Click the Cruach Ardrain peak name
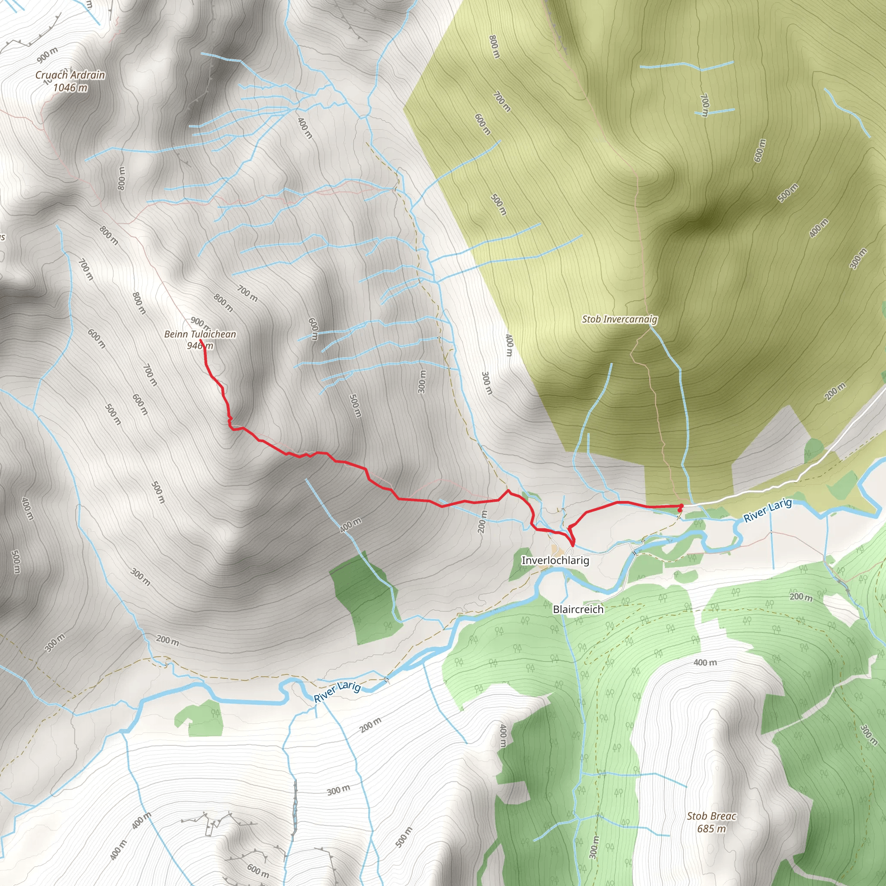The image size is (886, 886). coord(70,75)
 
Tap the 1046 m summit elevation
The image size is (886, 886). coord(70,87)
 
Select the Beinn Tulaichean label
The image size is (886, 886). coord(200,334)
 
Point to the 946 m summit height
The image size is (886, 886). coord(200,345)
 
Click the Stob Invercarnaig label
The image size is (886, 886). coord(620,319)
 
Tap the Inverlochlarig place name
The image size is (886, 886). coord(555,560)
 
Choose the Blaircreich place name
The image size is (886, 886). coord(578,610)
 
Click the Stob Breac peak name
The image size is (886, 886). coord(711,816)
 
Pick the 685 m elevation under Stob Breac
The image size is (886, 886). coord(711,828)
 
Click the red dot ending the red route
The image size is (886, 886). coord(680,506)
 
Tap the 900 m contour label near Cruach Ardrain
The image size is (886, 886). coord(47,55)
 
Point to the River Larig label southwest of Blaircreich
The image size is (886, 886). coord(337,693)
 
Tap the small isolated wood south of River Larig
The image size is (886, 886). coord(200,716)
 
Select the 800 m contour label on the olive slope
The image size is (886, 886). coord(494,47)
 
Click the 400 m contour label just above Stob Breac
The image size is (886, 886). coord(705,663)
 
